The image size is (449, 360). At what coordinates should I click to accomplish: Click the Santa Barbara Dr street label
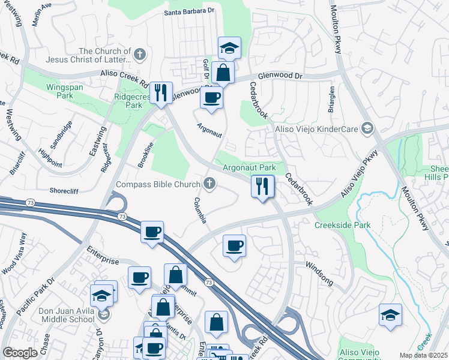[x=189, y=11]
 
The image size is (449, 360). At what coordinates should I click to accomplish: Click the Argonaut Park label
[x=249, y=167]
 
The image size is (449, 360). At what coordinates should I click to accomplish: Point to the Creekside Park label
[x=343, y=225]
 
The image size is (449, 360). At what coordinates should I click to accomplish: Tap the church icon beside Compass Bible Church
[x=209, y=184]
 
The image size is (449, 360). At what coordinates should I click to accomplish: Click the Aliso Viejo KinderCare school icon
[x=367, y=128]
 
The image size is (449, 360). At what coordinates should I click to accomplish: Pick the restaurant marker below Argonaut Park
[x=262, y=186]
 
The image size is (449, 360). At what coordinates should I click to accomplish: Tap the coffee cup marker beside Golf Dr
[x=211, y=98]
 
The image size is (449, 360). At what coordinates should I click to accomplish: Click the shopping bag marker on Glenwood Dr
[x=223, y=73]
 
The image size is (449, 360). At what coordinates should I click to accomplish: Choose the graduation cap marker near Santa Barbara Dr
[x=229, y=48]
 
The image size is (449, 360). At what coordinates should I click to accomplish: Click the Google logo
[x=20, y=353]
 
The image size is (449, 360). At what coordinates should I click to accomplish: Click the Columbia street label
[x=200, y=210]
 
